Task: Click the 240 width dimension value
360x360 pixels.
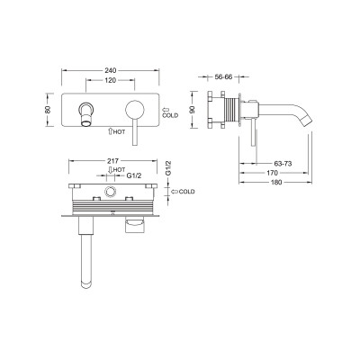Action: (x=110, y=70)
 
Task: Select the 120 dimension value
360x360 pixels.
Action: (x=110, y=80)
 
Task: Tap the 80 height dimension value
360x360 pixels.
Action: (x=48, y=110)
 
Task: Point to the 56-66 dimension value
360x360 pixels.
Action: (x=224, y=76)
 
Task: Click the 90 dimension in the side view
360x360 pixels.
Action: (x=193, y=110)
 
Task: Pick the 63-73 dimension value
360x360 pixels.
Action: (x=283, y=164)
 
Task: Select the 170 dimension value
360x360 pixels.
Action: (x=272, y=173)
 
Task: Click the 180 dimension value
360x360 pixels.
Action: (x=276, y=182)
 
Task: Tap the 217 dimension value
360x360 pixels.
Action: (x=113, y=161)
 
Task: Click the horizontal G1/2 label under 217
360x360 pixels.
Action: (x=133, y=175)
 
